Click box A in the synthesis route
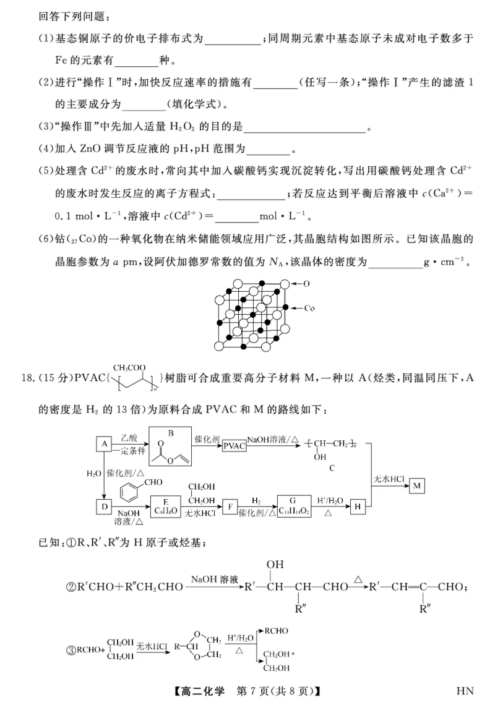click(104, 445)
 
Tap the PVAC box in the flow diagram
click(235, 445)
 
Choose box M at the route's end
click(417, 486)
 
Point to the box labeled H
click(358, 507)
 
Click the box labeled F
click(230, 506)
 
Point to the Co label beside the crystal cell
click(310, 308)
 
